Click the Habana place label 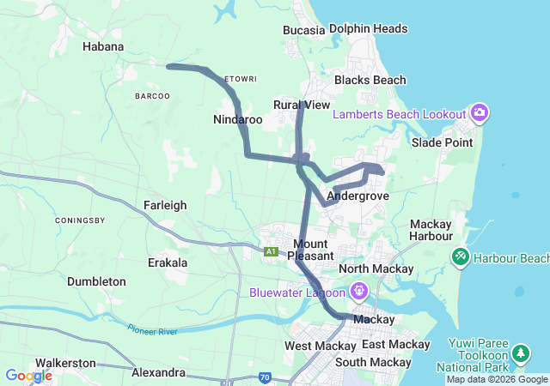click(103, 46)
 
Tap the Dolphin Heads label click(368, 28)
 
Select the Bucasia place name click(304, 30)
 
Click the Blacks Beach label click(370, 80)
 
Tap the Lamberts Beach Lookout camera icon click(479, 113)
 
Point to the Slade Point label click(442, 142)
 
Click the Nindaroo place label click(238, 119)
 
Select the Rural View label click(302, 105)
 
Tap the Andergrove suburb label click(358, 196)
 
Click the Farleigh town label click(165, 205)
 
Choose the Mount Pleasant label click(308, 250)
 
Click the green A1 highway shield click(272, 251)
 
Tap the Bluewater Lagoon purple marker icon click(358, 292)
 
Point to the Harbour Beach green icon click(461, 256)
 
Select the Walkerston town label click(65, 363)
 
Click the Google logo click(28, 375)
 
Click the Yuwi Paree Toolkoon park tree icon click(520, 353)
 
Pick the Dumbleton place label click(96, 281)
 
